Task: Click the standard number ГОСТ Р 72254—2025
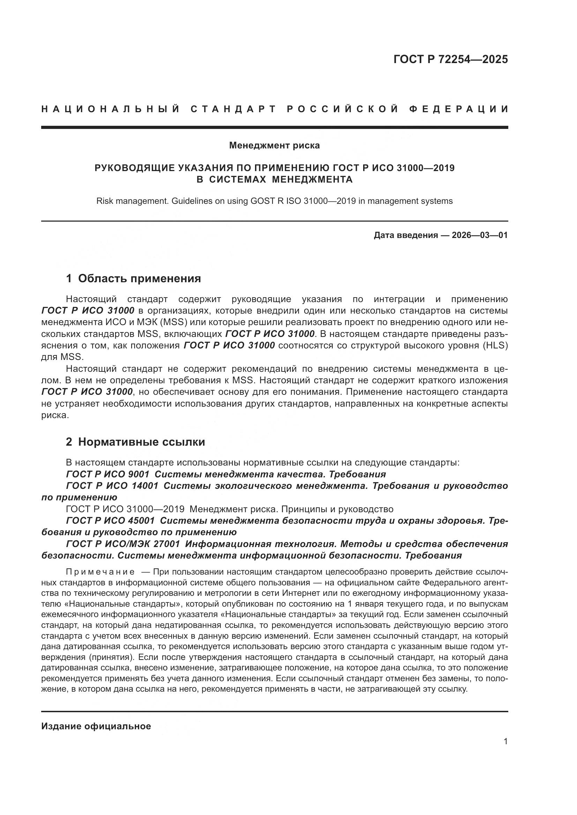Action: pos(450,59)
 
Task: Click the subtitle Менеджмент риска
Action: pos(274,145)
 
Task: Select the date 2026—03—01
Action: pos(479,235)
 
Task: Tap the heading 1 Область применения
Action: pos(134,278)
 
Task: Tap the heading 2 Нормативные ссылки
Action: pos(135,441)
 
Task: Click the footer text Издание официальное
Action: pos(96,726)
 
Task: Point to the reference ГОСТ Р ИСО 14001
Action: pos(112,486)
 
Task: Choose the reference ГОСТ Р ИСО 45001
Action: pos(110,520)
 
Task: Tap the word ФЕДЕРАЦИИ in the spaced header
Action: pos(459,109)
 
